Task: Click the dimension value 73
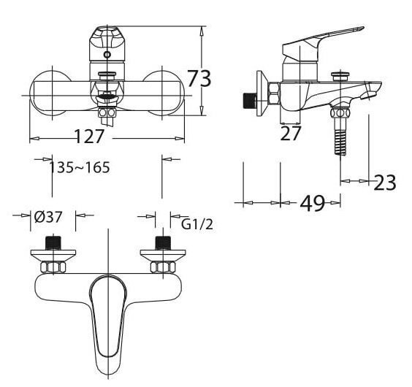(x=199, y=78)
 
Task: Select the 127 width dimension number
(x=89, y=136)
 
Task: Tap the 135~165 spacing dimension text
(x=80, y=168)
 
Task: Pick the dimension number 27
(x=291, y=134)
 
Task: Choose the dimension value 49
(x=312, y=204)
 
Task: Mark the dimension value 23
(x=385, y=183)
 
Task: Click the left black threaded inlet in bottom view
(x=52, y=242)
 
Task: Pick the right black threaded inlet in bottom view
(x=161, y=242)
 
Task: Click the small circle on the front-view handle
(x=107, y=55)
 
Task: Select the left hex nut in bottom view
(x=52, y=267)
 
